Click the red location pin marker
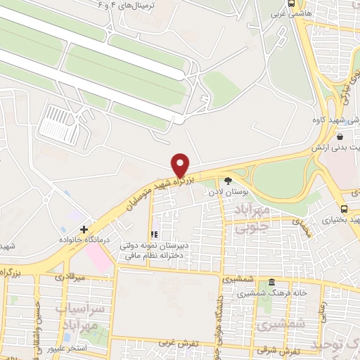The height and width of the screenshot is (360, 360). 181,165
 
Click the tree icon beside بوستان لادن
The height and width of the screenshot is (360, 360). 227,180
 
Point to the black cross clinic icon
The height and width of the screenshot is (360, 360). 84,229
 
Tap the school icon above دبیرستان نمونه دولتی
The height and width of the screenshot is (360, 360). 153,235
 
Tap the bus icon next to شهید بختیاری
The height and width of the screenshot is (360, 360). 344,210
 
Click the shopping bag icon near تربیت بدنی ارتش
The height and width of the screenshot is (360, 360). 340,137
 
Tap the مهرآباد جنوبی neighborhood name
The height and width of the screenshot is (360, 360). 252,217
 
